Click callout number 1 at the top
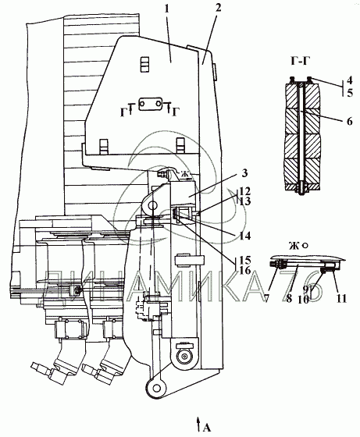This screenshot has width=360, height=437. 166,9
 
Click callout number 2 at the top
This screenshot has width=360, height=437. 218,8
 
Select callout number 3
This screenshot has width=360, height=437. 244,173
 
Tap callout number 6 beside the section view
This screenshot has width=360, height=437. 349,122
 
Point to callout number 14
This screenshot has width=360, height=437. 244,236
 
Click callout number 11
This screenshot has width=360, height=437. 341,299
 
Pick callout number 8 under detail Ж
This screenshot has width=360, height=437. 289,299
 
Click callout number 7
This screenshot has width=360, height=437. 267,299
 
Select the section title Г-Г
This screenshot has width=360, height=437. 301,62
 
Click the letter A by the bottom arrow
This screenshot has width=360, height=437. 206,428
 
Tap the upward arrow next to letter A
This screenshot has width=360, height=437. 198,425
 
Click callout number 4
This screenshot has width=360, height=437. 349,80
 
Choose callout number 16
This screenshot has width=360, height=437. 245,271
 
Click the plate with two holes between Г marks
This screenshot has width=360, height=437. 151,104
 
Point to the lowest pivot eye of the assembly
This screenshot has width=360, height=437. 156,388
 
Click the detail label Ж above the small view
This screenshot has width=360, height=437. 294,246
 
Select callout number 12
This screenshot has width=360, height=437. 244,191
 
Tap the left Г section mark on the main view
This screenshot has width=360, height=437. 124,112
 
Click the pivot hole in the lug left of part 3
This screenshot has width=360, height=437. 152,206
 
